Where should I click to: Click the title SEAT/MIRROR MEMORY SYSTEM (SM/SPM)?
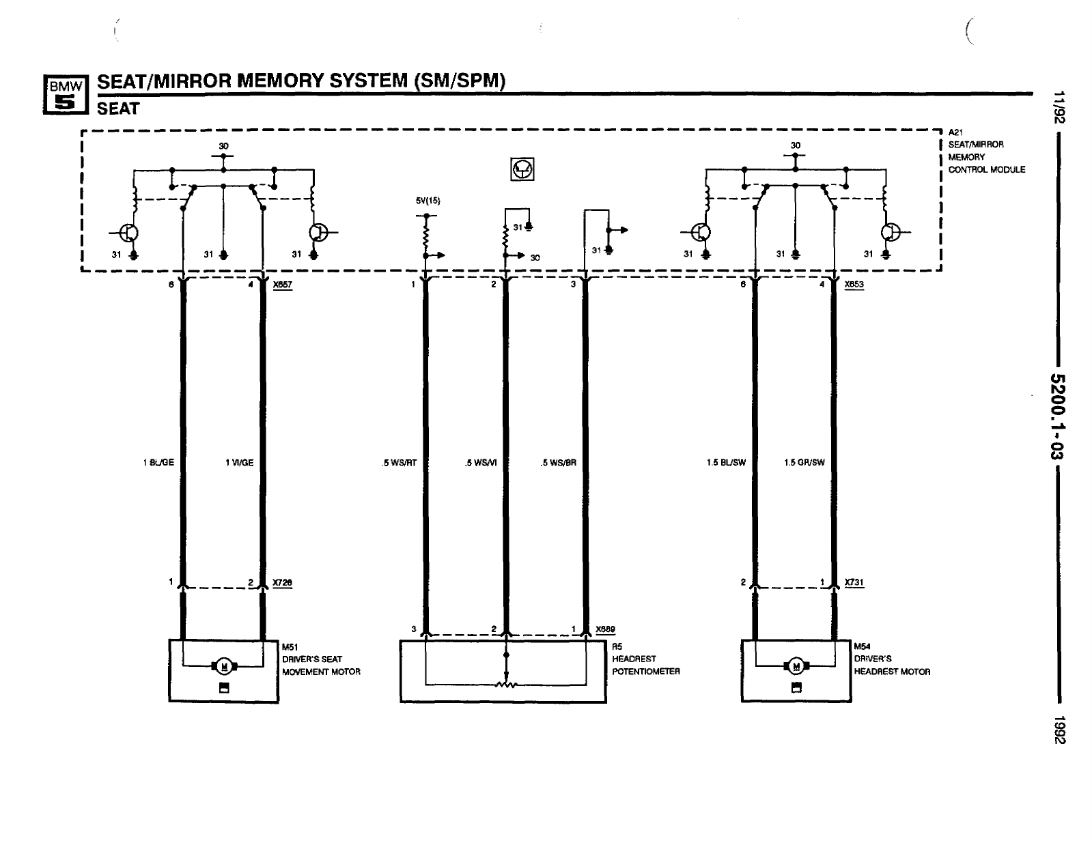[x=300, y=81]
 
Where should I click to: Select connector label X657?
[x=282, y=285]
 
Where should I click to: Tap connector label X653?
[x=854, y=285]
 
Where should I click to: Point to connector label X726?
[x=282, y=582]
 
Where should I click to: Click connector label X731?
[x=854, y=582]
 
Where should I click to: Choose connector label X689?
[x=605, y=629]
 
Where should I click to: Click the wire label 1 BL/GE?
[x=158, y=463]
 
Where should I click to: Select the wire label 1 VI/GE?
[x=239, y=463]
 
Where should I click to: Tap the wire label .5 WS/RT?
[x=400, y=463]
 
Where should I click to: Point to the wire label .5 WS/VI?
[x=481, y=463]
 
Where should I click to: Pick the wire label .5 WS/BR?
[x=559, y=463]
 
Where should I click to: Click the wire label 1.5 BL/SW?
[x=726, y=463]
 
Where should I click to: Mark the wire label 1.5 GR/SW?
[x=804, y=463]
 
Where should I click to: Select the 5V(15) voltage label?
[x=428, y=201]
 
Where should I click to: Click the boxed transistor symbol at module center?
[x=523, y=169]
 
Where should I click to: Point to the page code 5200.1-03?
[x=1059, y=418]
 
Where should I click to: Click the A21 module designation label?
[x=955, y=132]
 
